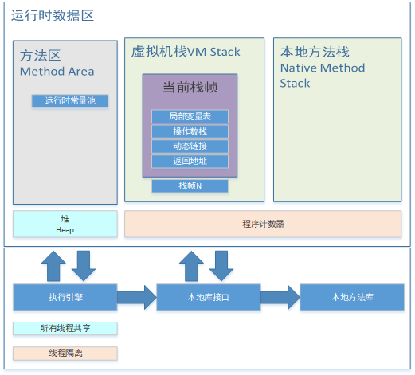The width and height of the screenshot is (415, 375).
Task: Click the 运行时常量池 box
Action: point(69,101)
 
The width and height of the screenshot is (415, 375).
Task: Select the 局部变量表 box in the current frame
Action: point(190,116)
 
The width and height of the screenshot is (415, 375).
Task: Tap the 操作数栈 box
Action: point(190,131)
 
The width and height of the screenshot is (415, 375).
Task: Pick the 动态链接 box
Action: point(190,146)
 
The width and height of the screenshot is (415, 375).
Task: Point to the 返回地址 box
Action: point(190,162)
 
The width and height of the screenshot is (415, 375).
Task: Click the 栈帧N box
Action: point(190,186)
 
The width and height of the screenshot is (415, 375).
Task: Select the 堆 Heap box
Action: point(65,224)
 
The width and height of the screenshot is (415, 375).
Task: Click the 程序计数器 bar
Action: point(263,224)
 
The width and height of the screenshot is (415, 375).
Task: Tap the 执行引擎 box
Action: point(65,297)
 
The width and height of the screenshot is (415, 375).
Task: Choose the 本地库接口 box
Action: point(208,297)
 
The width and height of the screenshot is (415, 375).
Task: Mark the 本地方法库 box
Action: point(352,297)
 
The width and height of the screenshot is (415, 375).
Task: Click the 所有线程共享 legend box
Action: point(65,328)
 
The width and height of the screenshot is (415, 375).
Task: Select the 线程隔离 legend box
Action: point(65,353)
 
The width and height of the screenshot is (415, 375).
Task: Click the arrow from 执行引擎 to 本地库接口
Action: point(137,297)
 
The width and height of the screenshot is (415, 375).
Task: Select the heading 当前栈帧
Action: point(190,88)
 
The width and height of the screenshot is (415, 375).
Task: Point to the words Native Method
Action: point(322,68)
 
